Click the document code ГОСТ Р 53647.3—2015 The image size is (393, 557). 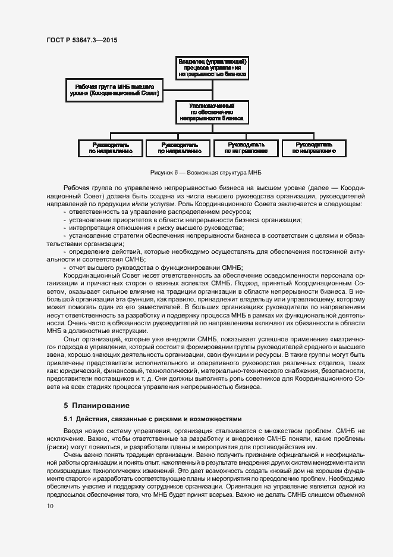(x=81, y=40)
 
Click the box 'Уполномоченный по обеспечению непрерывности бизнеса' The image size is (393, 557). (x=212, y=111)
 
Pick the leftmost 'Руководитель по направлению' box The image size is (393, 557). (x=111, y=148)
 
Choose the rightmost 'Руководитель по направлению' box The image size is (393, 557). (x=313, y=148)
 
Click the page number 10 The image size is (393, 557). (x=50, y=506)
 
